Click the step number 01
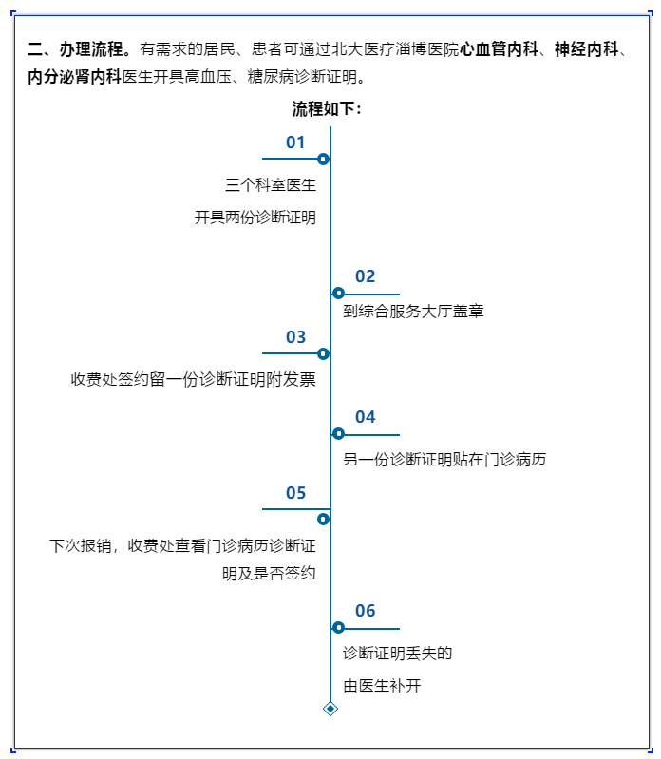click(295, 142)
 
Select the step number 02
click(366, 276)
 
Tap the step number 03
click(295, 337)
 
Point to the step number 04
click(366, 417)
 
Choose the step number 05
click(295, 493)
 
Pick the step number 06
click(366, 611)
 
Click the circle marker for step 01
click(323, 159)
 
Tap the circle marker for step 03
click(323, 353)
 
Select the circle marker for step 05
click(323, 519)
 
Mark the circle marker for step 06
click(338, 627)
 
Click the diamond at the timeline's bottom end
click(330, 708)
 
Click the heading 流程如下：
click(327, 109)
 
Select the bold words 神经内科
click(586, 48)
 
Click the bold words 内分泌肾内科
click(74, 77)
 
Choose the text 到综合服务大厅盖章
click(413, 311)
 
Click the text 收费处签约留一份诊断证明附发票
click(193, 380)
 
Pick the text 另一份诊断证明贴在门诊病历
click(444, 460)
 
